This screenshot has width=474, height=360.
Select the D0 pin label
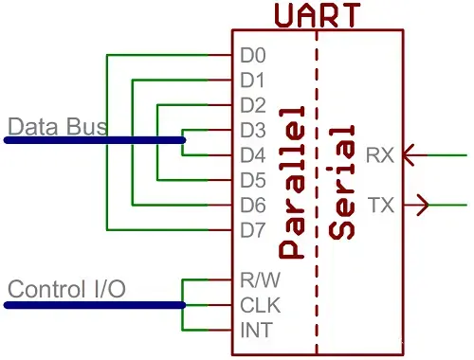click(252, 55)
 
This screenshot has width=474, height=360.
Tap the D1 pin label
click(252, 80)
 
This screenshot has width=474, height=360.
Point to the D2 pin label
click(252, 104)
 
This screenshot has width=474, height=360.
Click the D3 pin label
click(252, 130)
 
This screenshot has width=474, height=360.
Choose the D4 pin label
click(252, 154)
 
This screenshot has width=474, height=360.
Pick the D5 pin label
click(252, 179)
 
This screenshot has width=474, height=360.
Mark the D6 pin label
click(252, 204)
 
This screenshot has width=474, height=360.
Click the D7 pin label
click(252, 229)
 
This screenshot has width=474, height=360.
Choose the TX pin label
click(380, 204)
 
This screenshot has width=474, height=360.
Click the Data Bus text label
click(57, 126)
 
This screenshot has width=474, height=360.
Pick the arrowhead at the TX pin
click(422, 204)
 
